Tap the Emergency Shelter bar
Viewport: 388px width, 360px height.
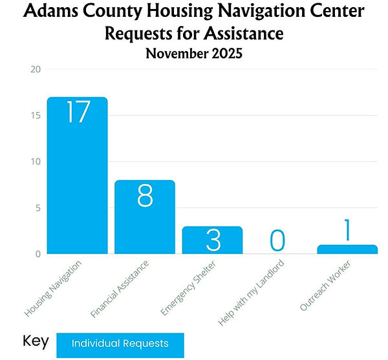(x=212, y=240)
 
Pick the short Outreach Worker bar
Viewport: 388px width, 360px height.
(x=347, y=249)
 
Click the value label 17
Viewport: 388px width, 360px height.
(x=77, y=111)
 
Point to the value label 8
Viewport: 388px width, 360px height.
(x=145, y=196)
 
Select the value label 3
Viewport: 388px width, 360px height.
(x=212, y=240)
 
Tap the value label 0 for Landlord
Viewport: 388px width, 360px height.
(x=277, y=240)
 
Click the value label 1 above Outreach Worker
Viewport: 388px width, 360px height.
(x=347, y=230)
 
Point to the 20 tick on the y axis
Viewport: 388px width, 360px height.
(x=36, y=69)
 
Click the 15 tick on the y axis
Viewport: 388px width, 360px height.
(x=36, y=115)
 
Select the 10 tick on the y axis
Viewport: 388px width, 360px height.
(x=36, y=161)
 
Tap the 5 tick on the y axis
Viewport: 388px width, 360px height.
(x=38, y=208)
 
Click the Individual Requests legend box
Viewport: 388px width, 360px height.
(x=120, y=344)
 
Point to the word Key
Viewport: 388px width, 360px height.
(x=35, y=341)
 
